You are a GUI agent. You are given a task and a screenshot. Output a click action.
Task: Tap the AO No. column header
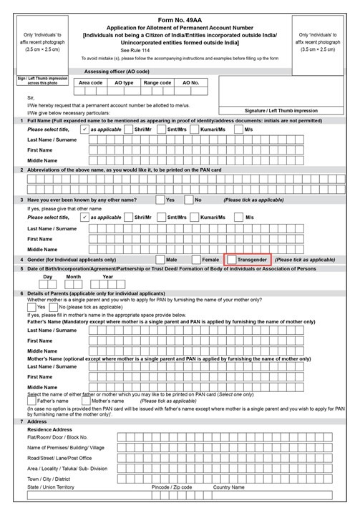tap(190, 83)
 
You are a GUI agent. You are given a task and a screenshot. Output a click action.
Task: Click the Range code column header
tap(157, 83)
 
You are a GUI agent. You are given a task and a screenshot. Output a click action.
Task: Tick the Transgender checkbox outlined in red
tap(230, 259)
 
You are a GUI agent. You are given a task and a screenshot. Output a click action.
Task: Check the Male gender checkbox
tap(158, 259)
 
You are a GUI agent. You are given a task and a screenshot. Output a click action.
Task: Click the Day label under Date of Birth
tap(48, 277)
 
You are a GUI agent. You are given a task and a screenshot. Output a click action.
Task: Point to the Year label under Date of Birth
tap(108, 277)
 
